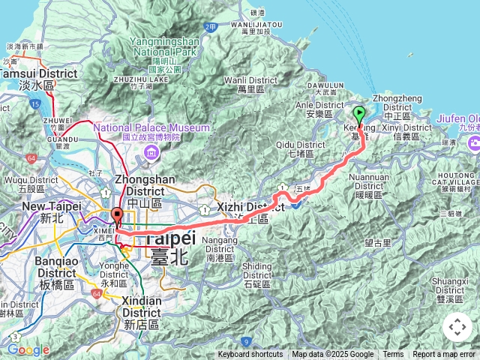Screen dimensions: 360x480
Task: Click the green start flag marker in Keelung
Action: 358,115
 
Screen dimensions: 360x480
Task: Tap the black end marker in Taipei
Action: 116,216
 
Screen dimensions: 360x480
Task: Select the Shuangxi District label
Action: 449,285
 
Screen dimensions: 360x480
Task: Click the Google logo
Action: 28,349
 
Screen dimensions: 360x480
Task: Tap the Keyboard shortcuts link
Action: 250,355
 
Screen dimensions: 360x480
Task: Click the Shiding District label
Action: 257,271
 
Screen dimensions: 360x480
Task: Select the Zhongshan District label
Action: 145,185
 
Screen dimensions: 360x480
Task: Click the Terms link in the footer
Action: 393,355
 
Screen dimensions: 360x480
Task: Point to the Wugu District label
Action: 25,184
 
